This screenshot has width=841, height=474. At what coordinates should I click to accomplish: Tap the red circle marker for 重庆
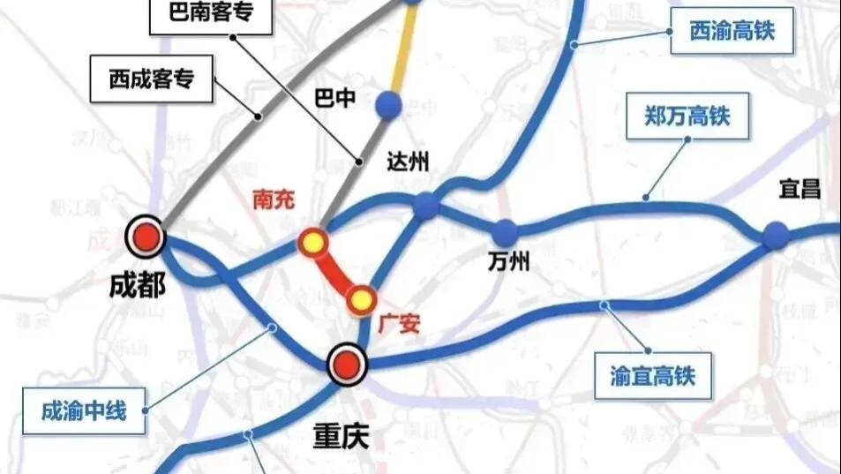(x=347, y=364)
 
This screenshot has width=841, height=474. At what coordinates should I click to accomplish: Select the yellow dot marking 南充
(x=312, y=241)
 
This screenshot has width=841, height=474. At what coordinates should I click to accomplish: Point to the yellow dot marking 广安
(x=359, y=300)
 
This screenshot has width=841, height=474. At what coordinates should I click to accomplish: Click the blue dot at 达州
(x=426, y=206)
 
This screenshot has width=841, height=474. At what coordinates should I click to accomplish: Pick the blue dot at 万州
(x=505, y=233)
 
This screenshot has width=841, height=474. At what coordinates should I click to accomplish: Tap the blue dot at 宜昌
(x=775, y=235)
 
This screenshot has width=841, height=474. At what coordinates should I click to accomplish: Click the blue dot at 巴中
(x=388, y=104)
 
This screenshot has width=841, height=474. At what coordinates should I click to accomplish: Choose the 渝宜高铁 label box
(x=653, y=375)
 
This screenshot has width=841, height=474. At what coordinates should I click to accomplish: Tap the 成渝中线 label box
(x=85, y=410)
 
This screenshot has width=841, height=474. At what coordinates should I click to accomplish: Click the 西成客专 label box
(x=152, y=81)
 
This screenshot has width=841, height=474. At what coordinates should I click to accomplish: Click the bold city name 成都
(x=138, y=286)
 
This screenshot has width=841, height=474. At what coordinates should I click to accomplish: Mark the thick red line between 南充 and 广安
(x=336, y=270)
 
